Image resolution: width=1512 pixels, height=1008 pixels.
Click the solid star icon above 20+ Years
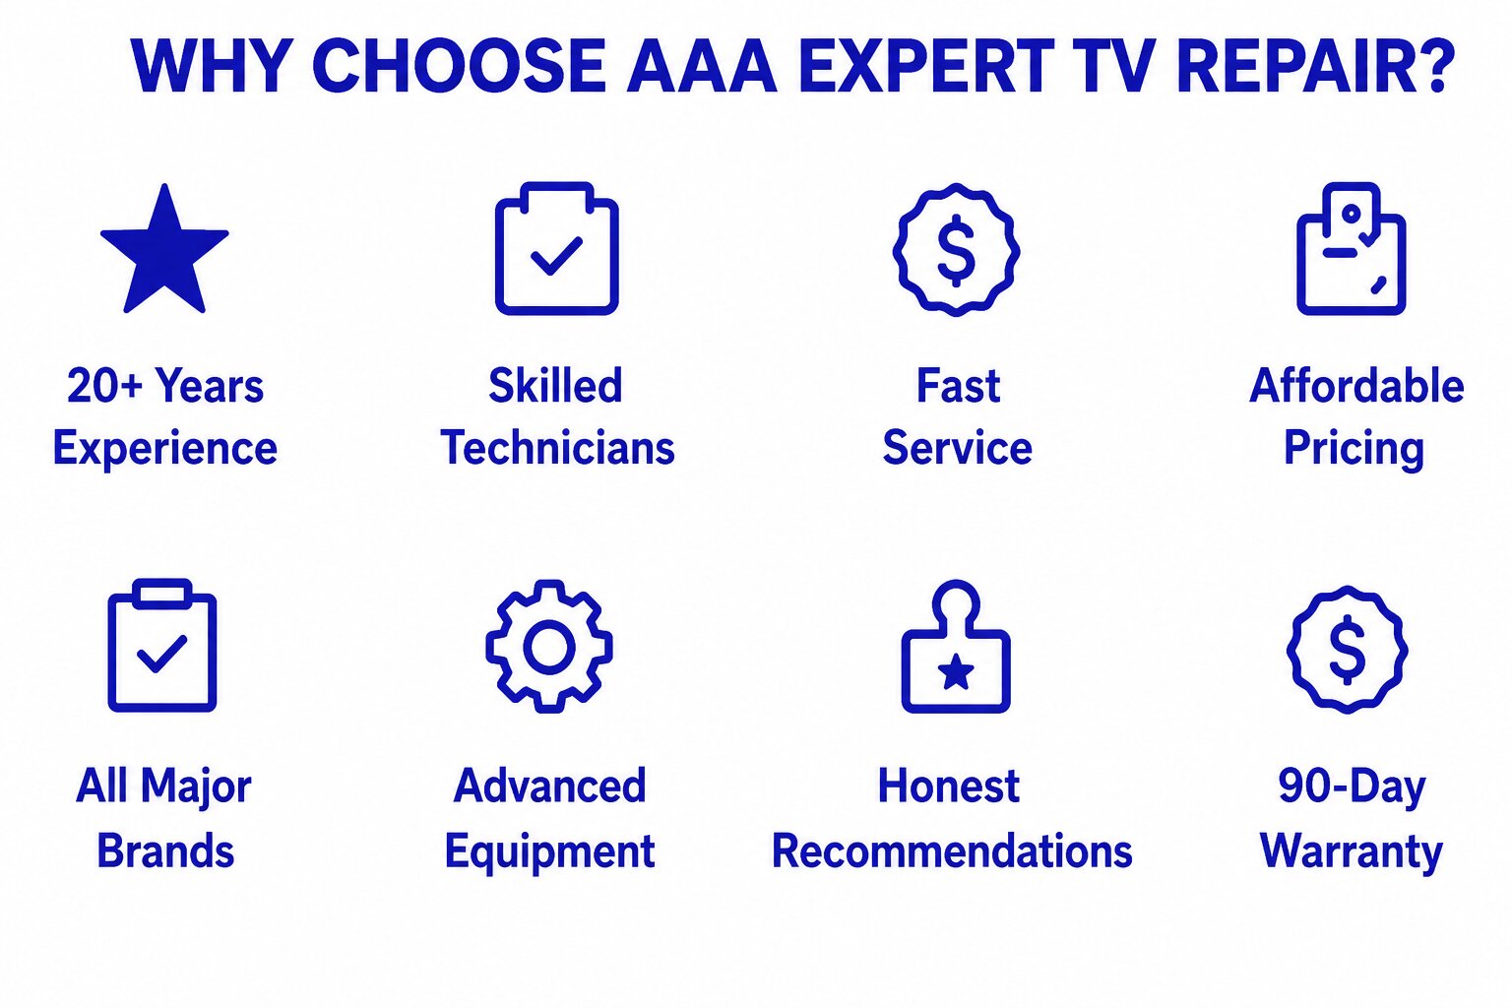tap(164, 251)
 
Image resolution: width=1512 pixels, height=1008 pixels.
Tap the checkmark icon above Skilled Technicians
tap(557, 256)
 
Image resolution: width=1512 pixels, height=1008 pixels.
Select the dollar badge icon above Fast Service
tap(957, 250)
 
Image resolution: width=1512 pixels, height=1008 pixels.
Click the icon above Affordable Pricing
tap(1352, 248)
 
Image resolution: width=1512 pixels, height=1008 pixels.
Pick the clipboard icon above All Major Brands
tap(162, 646)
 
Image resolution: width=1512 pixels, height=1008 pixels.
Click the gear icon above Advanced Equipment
tap(549, 646)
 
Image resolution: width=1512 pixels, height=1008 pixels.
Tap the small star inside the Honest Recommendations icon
tap(956, 672)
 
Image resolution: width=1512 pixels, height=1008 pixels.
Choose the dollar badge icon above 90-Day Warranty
tap(1348, 650)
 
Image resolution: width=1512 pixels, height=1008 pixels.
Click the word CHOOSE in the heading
tap(459, 66)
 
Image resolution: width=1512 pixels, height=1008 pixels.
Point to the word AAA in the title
tap(702, 66)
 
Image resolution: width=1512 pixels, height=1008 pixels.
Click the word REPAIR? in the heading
tap(1314, 66)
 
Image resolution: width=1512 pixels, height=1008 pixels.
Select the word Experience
tap(165, 450)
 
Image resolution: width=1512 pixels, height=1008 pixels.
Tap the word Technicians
tap(557, 448)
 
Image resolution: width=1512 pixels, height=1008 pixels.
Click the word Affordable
tap(1356, 386)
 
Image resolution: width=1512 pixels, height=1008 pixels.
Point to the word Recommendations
tap(952, 850)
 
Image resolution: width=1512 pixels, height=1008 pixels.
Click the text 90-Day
tap(1352, 787)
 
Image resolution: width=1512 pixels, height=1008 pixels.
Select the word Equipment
tap(550, 852)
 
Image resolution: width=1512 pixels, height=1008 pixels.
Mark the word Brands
tap(165, 850)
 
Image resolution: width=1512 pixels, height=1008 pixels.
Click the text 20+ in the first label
tap(104, 386)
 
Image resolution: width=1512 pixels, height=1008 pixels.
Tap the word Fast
tap(958, 386)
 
